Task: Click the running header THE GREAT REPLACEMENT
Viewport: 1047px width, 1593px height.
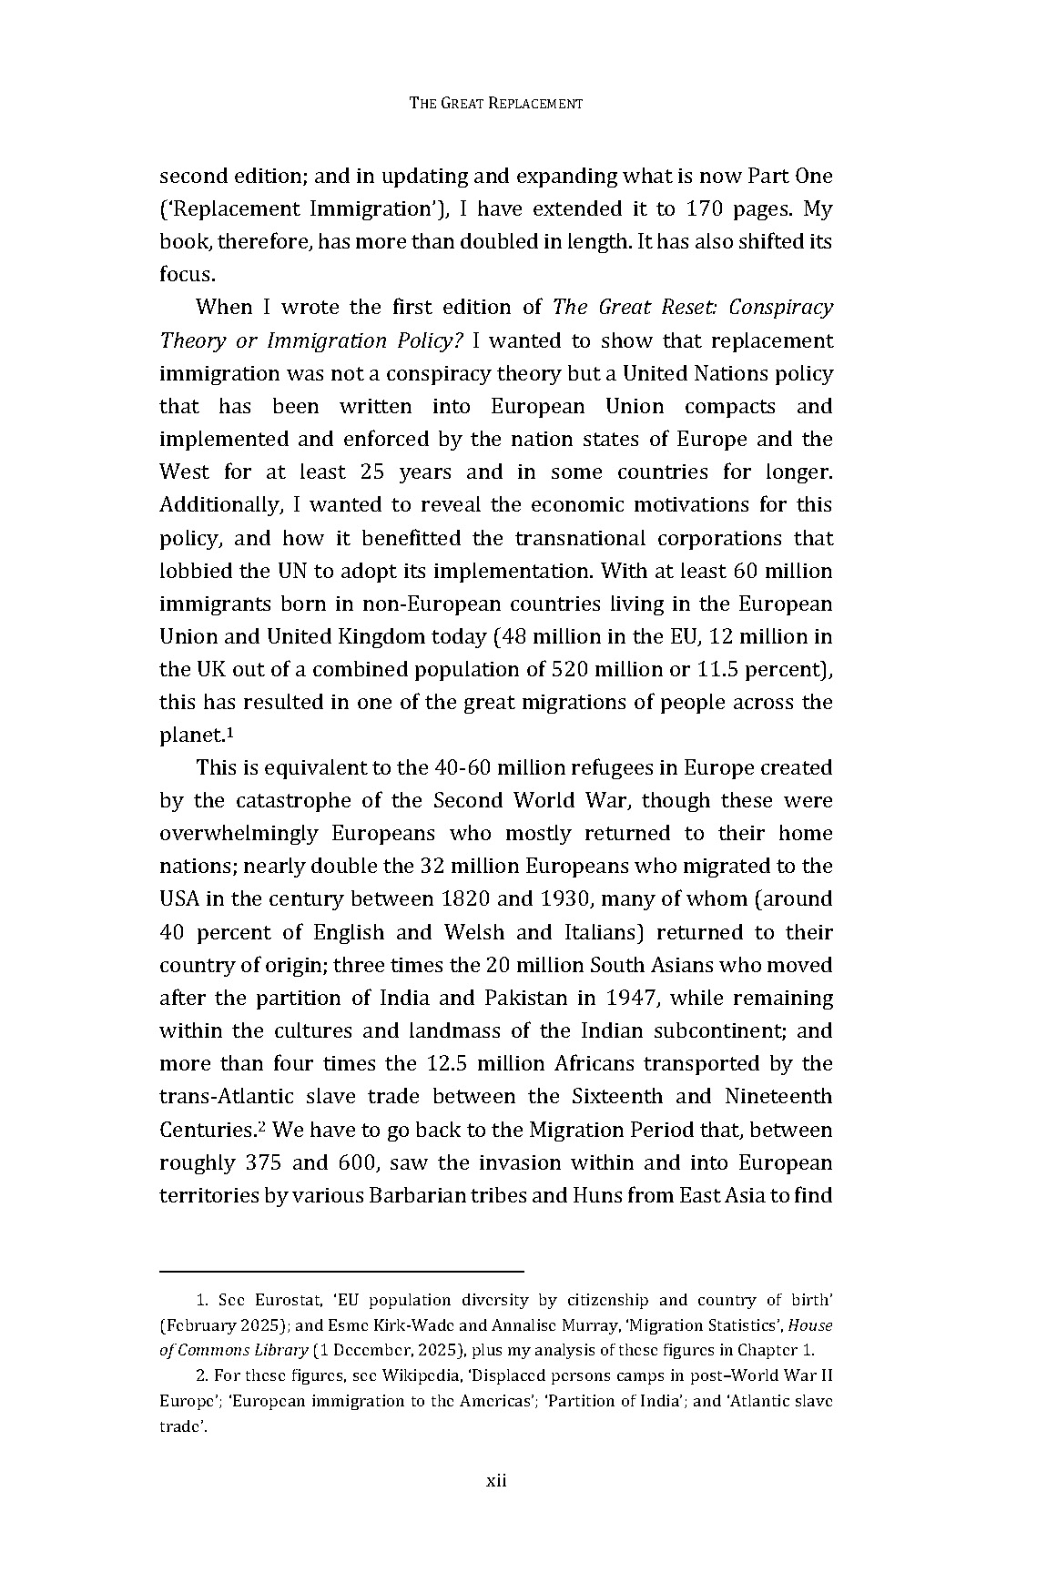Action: point(495,103)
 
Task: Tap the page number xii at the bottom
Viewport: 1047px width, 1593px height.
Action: point(495,1480)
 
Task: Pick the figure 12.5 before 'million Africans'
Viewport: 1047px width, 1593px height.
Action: point(449,1063)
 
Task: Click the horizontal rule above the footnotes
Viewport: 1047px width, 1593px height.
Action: point(341,1271)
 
